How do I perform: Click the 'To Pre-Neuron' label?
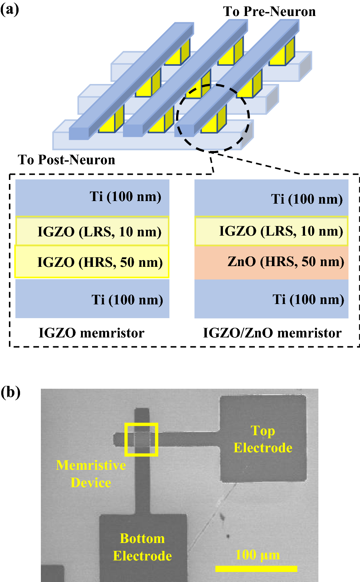[269, 12]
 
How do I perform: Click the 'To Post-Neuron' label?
[67, 160]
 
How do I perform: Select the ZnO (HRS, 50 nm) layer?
[271, 262]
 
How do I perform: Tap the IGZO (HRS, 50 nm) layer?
[92, 262]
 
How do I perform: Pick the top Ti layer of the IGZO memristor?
[92, 197]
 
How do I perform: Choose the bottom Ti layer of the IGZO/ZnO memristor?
[271, 299]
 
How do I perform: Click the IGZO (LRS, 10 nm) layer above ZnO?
[271, 231]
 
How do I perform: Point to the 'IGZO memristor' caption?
[91, 333]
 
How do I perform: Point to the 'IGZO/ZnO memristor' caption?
[272, 333]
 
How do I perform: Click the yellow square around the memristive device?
[126, 439]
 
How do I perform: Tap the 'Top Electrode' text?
[263, 439]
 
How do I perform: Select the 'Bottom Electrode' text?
[142, 547]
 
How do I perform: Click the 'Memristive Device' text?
[91, 474]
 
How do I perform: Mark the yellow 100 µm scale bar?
[256, 569]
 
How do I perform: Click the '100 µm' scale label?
[257, 555]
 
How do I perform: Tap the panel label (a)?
[10, 9]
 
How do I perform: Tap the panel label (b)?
[10, 392]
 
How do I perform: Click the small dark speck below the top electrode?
[228, 536]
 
